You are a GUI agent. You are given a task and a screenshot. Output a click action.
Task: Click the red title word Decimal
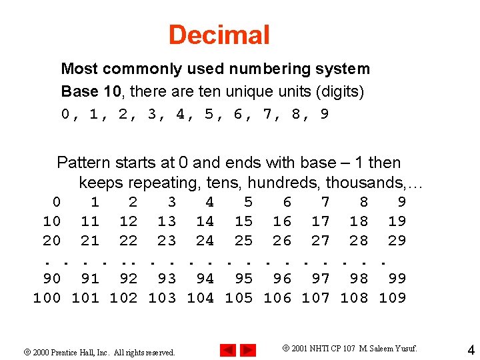pyautogui.click(x=219, y=35)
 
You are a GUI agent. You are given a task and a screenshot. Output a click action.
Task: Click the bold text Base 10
pyautogui.click(x=90, y=91)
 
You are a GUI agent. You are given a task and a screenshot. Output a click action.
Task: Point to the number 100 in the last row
pyautogui.click(x=47, y=297)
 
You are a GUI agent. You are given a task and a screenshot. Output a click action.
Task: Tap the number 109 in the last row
pyautogui.click(x=392, y=297)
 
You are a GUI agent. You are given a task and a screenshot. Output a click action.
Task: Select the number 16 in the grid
pyautogui.click(x=282, y=221)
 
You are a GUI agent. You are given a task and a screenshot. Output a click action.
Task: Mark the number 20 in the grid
pyautogui.click(x=51, y=240)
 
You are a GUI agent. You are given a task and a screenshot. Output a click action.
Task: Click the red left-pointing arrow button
pyautogui.click(x=228, y=349)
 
